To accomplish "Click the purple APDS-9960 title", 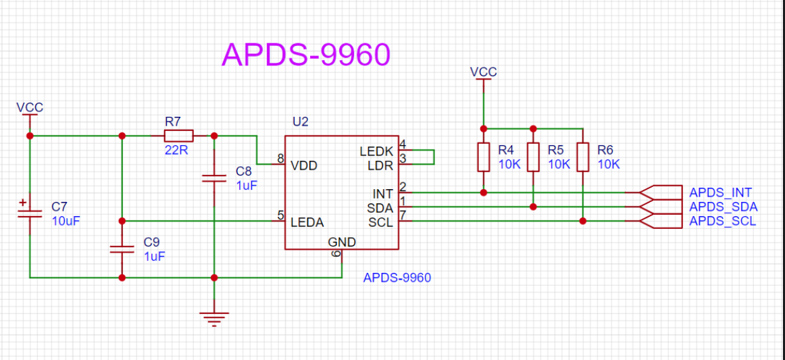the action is [x=305, y=55].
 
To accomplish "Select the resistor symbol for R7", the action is [x=179, y=136].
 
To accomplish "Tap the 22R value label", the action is [x=176, y=150].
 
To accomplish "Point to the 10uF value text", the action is [x=66, y=221].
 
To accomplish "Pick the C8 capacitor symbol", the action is [x=214, y=178].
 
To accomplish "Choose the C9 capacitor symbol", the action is [x=122, y=249].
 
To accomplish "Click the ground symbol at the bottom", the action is [x=214, y=318].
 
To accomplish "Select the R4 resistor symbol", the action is [x=484, y=157].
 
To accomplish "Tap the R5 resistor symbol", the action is [x=534, y=157].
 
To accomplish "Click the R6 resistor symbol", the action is [x=583, y=157].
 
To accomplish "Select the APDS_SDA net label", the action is [x=724, y=207].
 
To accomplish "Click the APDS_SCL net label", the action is [x=723, y=222].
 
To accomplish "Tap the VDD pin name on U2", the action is [x=304, y=165].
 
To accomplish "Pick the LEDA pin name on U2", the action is [x=307, y=222].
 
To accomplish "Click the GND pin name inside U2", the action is [x=342, y=242].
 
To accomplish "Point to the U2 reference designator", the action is [x=301, y=122].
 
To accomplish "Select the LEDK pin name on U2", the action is [x=376, y=151].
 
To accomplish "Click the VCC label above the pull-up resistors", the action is [x=484, y=72].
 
